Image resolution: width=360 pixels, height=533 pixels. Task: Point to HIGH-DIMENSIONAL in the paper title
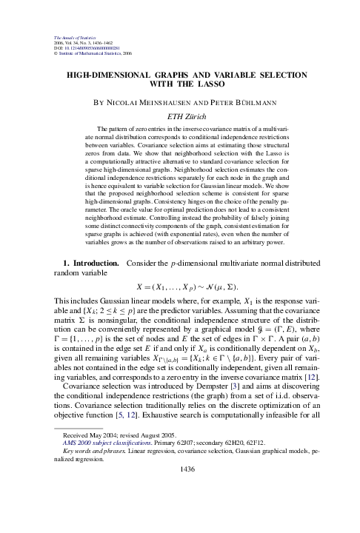[110, 75]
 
